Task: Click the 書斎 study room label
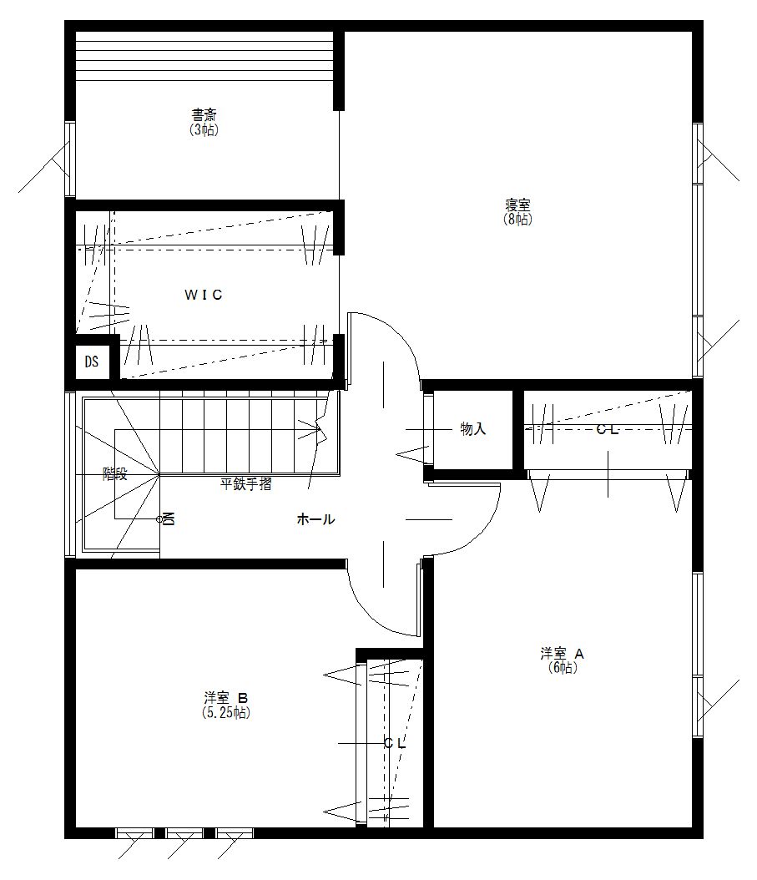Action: click(204, 115)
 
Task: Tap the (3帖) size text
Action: click(204, 129)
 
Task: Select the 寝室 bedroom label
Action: click(517, 205)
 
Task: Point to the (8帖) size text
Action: click(517, 219)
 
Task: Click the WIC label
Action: click(203, 295)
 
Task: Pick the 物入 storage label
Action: click(472, 429)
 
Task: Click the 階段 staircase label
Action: click(115, 474)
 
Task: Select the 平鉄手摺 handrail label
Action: click(245, 484)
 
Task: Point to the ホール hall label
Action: click(315, 519)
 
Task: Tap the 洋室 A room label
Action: click(563, 654)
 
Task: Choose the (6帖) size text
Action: click(563, 668)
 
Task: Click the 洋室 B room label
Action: click(225, 699)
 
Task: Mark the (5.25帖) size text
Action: click(225, 713)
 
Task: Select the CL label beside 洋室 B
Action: click(395, 744)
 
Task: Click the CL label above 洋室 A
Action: click(607, 430)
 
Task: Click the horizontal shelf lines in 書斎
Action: click(204, 56)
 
